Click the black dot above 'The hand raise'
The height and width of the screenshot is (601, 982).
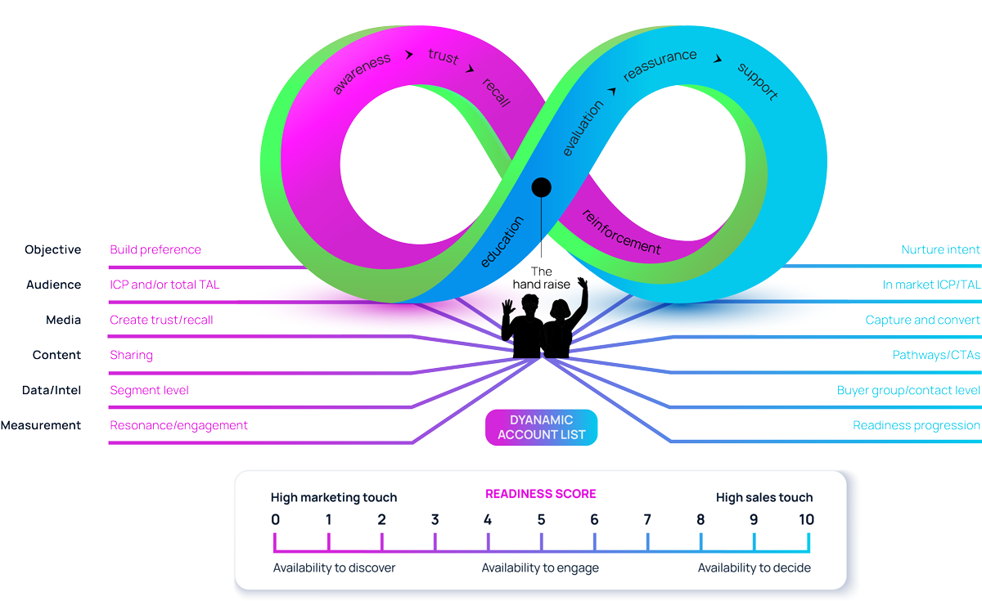point(541,188)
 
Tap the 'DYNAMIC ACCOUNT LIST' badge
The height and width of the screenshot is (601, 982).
point(541,428)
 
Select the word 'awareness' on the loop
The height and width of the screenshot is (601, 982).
point(361,74)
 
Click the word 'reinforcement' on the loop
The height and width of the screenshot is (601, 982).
point(620,231)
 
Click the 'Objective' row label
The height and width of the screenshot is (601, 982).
point(53,250)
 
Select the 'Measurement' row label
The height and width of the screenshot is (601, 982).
point(41,425)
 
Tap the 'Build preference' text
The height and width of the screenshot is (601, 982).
point(155,250)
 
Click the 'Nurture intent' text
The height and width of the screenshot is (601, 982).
point(940,250)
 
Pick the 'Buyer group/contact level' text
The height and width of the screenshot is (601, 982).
point(908,390)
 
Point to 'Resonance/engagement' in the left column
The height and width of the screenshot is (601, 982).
point(178,425)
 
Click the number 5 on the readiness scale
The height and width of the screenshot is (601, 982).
point(541,520)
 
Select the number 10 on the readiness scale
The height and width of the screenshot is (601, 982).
point(806,520)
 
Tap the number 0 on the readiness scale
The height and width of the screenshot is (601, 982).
point(275,520)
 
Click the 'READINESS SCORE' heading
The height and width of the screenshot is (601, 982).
point(540,494)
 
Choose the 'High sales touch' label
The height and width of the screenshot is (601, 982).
point(764,497)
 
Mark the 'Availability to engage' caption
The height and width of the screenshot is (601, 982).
point(540,567)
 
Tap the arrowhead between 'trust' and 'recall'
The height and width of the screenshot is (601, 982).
point(470,70)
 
